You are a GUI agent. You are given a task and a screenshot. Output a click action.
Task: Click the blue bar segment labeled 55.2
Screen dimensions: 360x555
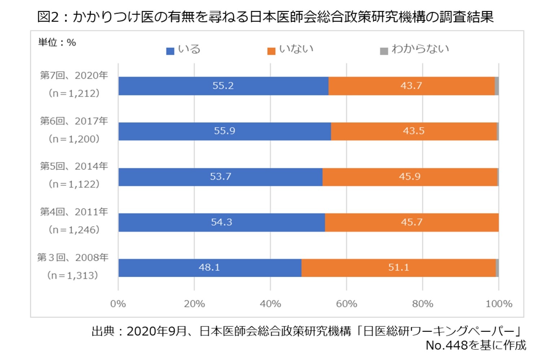pos(223,86)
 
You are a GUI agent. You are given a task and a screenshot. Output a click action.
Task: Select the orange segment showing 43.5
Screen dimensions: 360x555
pos(414,131)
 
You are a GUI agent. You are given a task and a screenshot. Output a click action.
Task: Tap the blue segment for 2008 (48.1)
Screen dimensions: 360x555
pos(209,268)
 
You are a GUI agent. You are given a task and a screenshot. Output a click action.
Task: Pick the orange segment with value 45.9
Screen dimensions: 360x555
pos(410,177)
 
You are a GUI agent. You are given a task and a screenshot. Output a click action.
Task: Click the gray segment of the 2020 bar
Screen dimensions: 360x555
pos(497,86)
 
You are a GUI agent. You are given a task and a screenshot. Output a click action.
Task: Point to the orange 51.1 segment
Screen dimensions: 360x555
pos(398,268)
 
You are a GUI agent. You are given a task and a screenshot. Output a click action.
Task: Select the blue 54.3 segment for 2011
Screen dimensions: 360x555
pos(221,222)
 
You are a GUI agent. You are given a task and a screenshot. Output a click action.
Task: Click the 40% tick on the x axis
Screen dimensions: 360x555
pos(270,304)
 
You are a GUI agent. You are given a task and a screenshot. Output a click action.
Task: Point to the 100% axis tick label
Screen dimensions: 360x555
pos(499,304)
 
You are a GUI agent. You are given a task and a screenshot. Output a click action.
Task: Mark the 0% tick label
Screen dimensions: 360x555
pos(118,304)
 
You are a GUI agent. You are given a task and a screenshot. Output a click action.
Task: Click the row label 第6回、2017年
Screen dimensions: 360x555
pos(74,121)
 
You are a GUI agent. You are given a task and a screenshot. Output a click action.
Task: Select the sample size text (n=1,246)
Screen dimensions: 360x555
pos(74,230)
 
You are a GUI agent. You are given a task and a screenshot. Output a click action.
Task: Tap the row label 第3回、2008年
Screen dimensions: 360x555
pos(73,257)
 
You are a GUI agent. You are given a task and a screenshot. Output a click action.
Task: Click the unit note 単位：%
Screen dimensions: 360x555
pos(57,43)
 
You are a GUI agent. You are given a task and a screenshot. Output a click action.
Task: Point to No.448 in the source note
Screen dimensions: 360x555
pos(446,345)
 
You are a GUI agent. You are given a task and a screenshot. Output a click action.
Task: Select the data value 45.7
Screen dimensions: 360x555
pos(411,222)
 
